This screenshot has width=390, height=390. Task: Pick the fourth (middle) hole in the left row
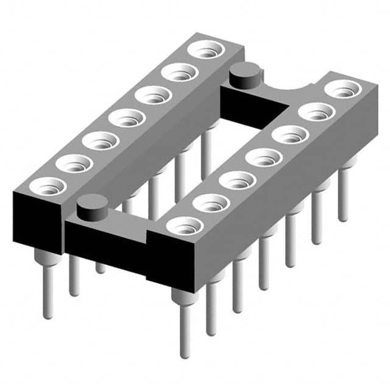pos(127,117)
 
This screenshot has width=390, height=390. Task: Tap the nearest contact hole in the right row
pos(184,226)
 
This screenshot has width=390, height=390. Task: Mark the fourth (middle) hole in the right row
pos(263,157)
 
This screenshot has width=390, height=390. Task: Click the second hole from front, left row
pos(74,163)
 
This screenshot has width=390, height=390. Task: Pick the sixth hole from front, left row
pos(179,72)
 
